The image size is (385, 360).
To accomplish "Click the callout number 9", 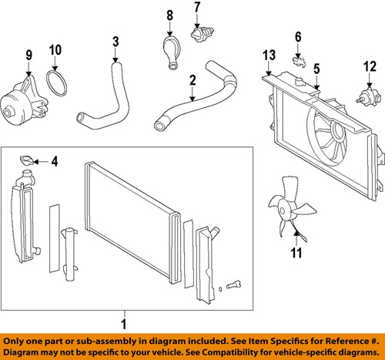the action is pyautogui.click(x=29, y=55).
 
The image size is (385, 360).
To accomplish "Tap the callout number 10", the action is pyautogui.click(x=55, y=50).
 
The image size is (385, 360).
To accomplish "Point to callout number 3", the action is pyautogui.click(x=115, y=42).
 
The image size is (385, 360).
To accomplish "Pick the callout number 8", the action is pyautogui.click(x=169, y=15).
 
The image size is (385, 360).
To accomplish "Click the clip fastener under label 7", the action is pyautogui.click(x=203, y=35).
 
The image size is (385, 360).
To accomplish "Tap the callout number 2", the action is pyautogui.click(x=192, y=80).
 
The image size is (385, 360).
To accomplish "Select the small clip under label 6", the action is pyautogui.click(x=299, y=62).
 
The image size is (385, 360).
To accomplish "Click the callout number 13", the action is pyautogui.click(x=269, y=55).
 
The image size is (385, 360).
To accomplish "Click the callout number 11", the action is pyautogui.click(x=296, y=253).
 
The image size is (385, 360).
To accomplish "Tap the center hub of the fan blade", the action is pyautogui.click(x=283, y=211).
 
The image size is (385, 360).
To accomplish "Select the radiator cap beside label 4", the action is pyautogui.click(x=26, y=160).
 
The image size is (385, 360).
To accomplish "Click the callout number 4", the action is pyautogui.click(x=55, y=161).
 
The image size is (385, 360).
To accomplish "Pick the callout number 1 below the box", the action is pyautogui.click(x=124, y=324).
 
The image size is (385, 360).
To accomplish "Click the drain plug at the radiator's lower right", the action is pyautogui.click(x=233, y=284).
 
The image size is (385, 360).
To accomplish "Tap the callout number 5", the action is pyautogui.click(x=316, y=69).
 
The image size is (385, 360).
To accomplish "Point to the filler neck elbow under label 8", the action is pyautogui.click(x=172, y=52).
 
